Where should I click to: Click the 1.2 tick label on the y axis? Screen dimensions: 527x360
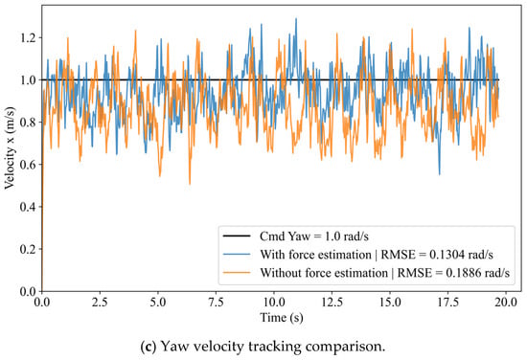point(27,37)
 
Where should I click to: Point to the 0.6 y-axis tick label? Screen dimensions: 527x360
point(27,165)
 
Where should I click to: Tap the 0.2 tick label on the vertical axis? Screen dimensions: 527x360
point(27,249)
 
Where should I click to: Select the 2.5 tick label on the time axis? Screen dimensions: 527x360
point(100,303)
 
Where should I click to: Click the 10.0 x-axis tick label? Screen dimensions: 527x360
point(274,303)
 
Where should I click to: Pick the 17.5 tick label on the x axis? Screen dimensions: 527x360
point(448,303)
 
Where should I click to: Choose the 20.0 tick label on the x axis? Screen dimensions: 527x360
point(506,303)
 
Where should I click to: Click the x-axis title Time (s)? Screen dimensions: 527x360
point(282,318)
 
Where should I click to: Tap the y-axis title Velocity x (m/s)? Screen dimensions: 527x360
point(10,148)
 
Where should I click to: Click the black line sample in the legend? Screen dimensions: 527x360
point(237,236)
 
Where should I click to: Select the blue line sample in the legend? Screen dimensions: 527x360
point(237,255)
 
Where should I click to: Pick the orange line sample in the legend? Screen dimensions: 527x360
point(237,273)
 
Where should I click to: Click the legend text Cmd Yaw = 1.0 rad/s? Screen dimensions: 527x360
point(314,236)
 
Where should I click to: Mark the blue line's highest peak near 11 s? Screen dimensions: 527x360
point(296,18)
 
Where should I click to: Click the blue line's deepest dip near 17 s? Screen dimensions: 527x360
point(439,174)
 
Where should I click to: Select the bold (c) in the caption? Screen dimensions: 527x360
point(149,347)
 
